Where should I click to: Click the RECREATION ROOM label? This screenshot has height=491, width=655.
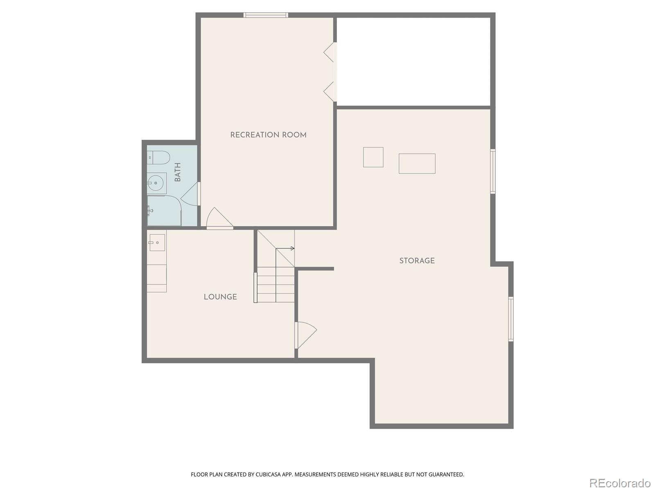coord(268,135)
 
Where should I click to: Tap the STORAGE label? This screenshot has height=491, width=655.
coord(417,261)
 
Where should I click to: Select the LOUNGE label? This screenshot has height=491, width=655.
coord(220,297)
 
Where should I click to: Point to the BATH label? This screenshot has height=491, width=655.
coord(178,172)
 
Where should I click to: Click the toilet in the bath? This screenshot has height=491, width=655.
coord(159,158)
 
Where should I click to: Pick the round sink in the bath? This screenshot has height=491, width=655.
coord(156,183)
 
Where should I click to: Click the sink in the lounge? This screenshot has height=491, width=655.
coord(157,243)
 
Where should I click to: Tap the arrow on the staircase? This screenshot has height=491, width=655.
coord(292,248)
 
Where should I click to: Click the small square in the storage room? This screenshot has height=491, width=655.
coord(373,157)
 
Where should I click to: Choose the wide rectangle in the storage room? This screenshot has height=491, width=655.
coord(417,164)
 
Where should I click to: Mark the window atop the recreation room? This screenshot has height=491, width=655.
coord(266,16)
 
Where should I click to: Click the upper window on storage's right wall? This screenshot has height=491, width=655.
coord(493,171)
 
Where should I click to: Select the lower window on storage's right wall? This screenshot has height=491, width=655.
coord(511,319)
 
